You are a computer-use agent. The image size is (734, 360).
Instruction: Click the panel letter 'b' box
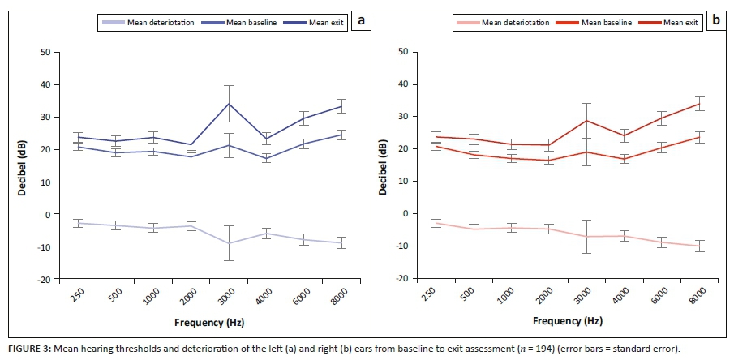pyautogui.click(x=717, y=22)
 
